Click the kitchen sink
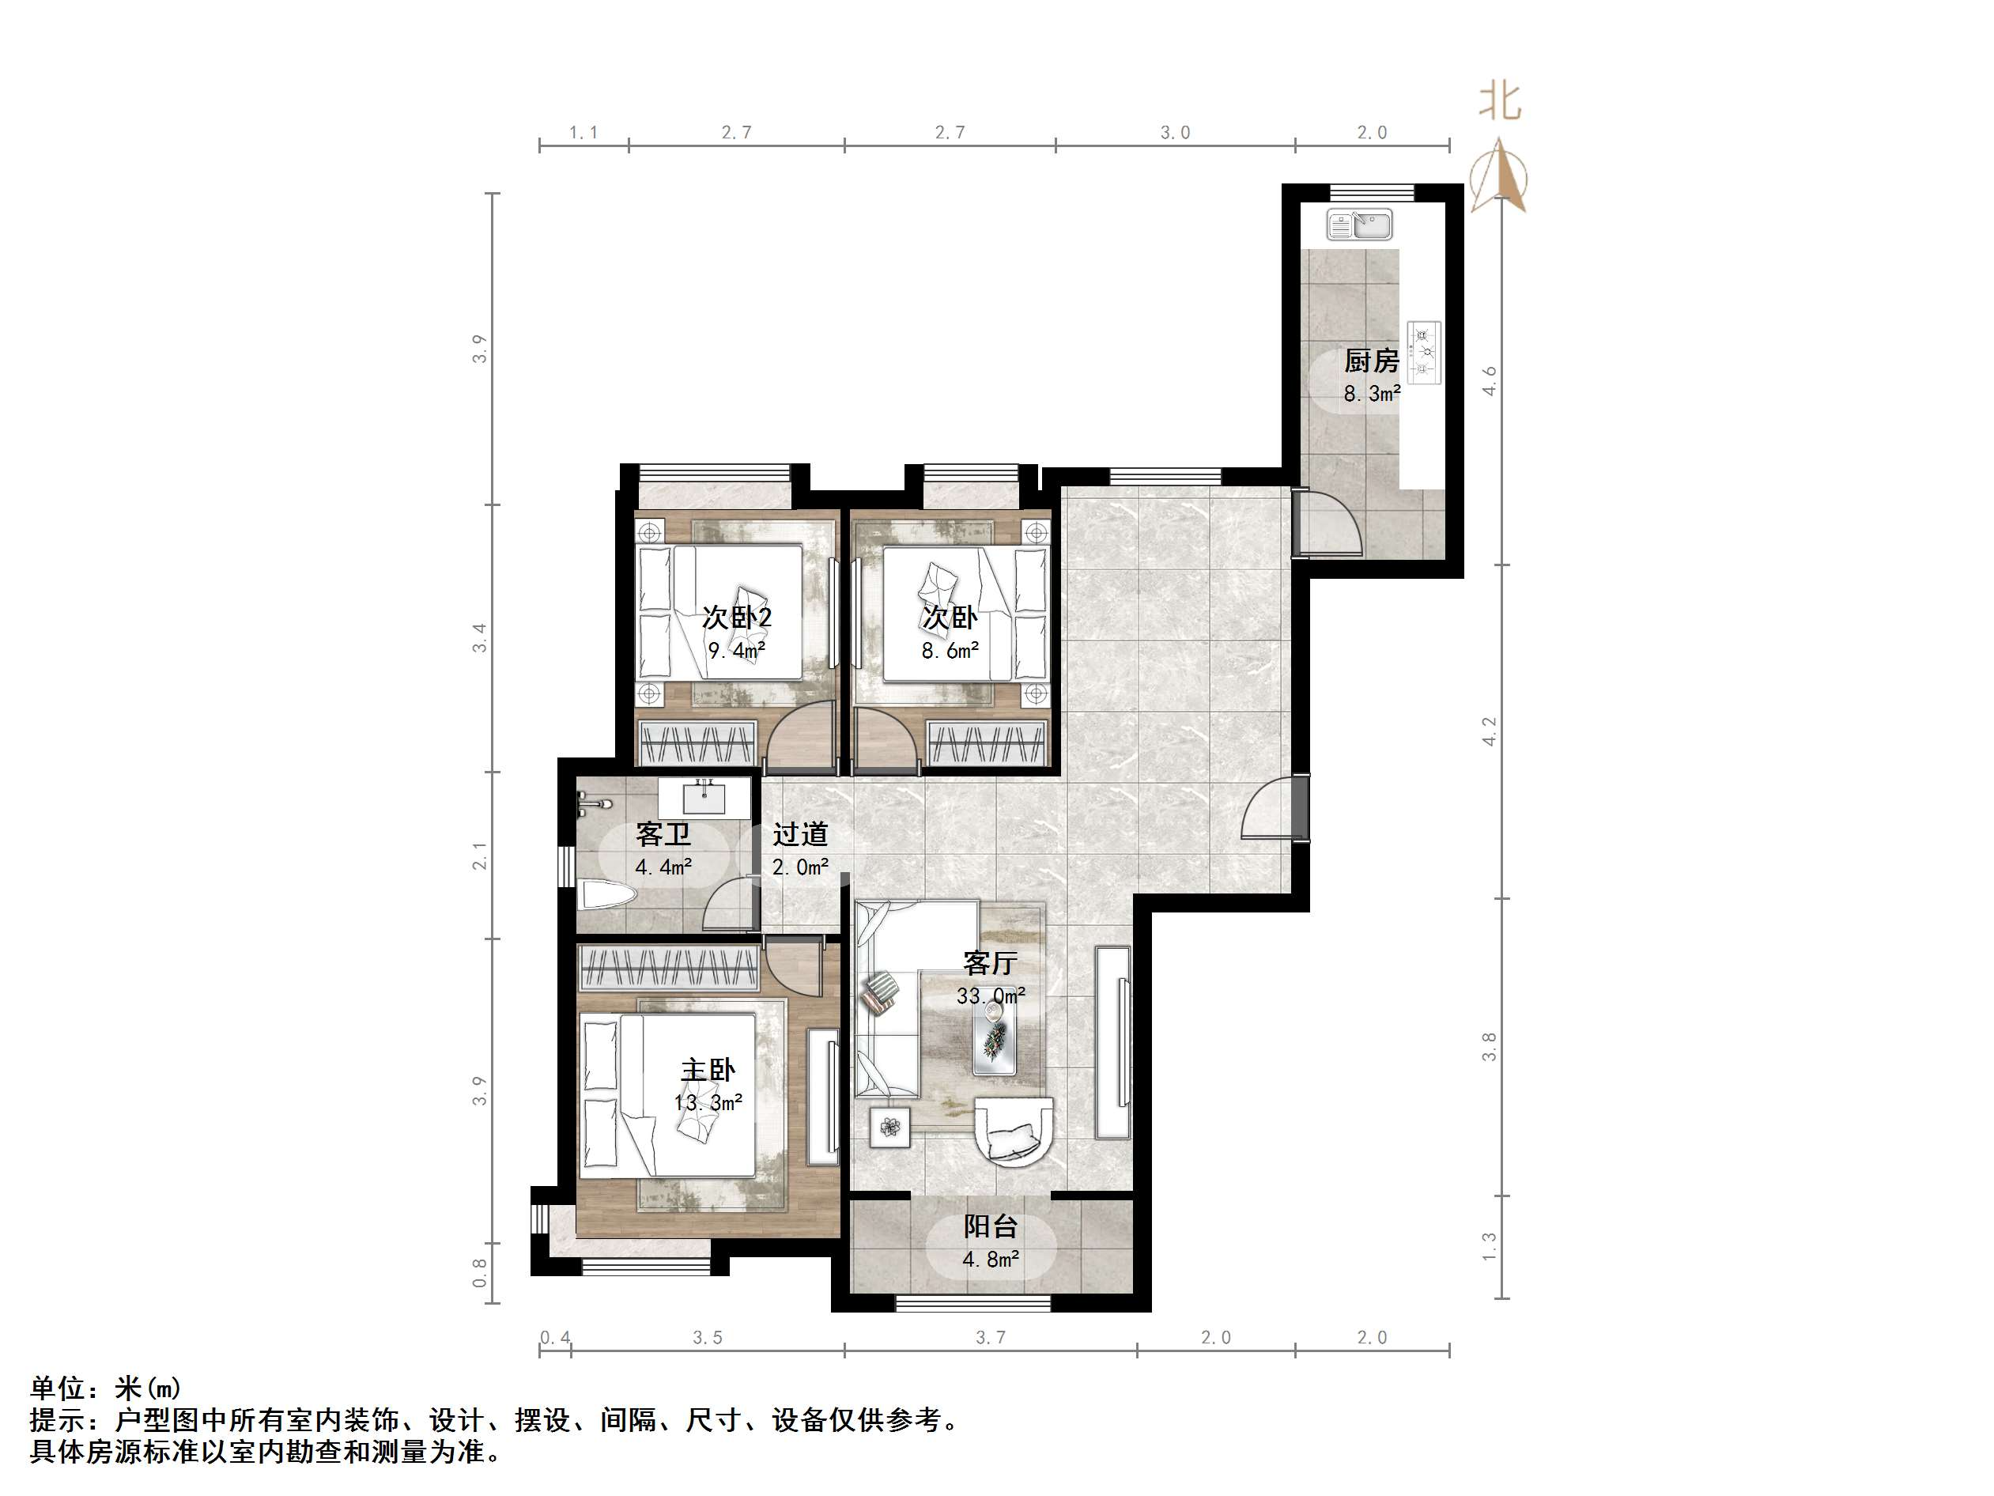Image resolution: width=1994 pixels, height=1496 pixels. (x=1359, y=225)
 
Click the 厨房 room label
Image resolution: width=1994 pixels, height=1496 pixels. (x=1371, y=361)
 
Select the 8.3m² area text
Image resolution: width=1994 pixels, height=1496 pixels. (x=1372, y=393)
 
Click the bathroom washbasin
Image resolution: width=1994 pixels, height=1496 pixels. (x=704, y=796)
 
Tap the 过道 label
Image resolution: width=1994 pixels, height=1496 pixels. (x=799, y=834)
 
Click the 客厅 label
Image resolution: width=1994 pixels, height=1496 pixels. (x=990, y=963)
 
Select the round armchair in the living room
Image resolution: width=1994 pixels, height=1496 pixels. (x=1015, y=1132)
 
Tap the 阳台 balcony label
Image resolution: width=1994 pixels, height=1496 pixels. (x=990, y=1226)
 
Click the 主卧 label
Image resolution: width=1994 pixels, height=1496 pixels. (x=708, y=1070)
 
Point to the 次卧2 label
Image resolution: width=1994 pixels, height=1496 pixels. (x=738, y=618)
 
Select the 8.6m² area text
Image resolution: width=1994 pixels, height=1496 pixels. (x=950, y=650)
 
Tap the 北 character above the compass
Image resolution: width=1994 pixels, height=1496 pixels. (x=1500, y=101)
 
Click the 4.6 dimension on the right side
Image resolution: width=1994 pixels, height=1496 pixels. (x=1490, y=380)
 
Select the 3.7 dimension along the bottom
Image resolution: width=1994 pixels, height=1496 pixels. (x=990, y=1337)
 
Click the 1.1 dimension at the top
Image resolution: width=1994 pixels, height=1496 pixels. (x=583, y=133)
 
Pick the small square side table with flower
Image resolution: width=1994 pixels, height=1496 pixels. (x=890, y=1128)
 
